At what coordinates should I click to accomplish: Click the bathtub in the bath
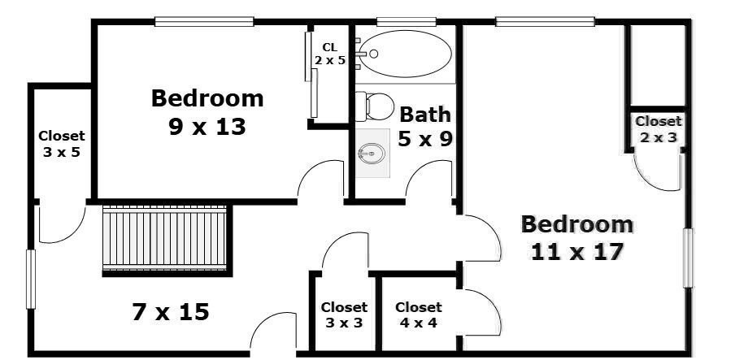coord(404,54)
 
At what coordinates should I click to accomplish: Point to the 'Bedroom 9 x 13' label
coord(207,112)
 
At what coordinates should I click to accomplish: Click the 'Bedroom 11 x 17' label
coord(576,237)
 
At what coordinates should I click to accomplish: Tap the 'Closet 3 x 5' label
coord(61,144)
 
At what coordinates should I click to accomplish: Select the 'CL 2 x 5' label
coord(330,54)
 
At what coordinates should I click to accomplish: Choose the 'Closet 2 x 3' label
coord(658,129)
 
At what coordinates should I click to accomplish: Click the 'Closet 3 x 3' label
coord(344,314)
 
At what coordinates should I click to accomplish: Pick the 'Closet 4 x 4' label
coord(418,314)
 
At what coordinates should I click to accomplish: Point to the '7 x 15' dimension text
coord(171,311)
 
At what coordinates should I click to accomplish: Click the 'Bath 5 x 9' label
coord(424,127)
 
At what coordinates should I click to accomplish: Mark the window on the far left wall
coord(31,279)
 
